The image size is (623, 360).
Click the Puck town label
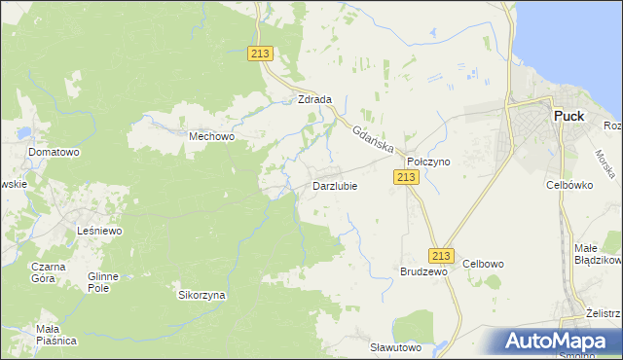click(568, 116)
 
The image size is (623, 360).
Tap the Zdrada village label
click(315, 99)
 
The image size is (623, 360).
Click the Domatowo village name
click(54, 153)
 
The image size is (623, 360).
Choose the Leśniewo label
click(98, 231)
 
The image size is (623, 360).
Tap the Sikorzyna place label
click(202, 294)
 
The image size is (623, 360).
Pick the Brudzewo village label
click(423, 272)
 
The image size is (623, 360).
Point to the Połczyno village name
click(428, 162)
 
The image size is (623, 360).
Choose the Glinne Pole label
click(102, 282)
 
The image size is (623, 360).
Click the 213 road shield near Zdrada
click(260, 54)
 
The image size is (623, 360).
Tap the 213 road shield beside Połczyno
click(406, 176)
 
